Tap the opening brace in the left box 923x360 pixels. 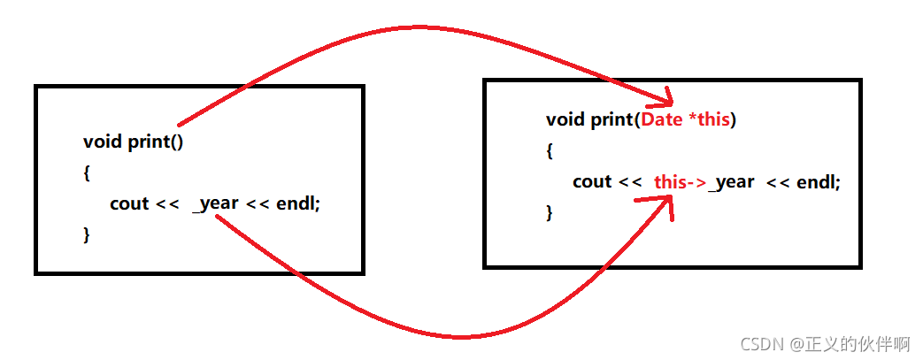[x=87, y=172]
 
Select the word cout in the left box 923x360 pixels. [x=129, y=203]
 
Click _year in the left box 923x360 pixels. [x=215, y=203]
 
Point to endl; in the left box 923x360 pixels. [x=298, y=203]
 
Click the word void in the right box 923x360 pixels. [x=565, y=119]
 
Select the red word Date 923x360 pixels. [x=661, y=119]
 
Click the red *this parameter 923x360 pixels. [x=709, y=119]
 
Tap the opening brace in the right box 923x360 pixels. [x=550, y=150]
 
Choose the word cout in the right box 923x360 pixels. [x=592, y=181]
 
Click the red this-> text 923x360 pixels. [x=680, y=181]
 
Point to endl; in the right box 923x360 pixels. [x=819, y=181]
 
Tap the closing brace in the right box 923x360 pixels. [x=550, y=212]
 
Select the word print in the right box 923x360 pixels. [x=611, y=119]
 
